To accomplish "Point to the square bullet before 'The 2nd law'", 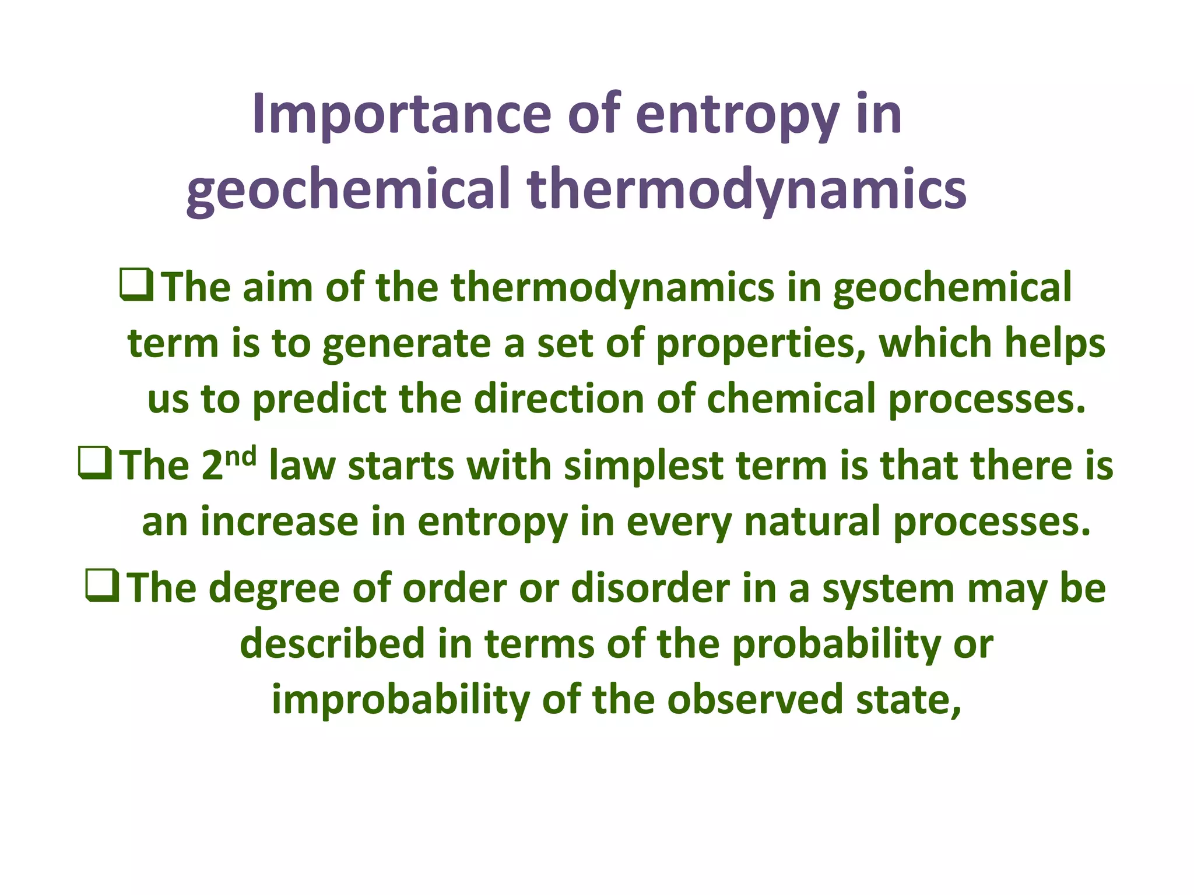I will tap(94, 464).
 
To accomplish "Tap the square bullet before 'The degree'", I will tap(103, 586).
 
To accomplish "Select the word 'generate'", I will tap(406, 344).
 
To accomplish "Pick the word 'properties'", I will tap(760, 344).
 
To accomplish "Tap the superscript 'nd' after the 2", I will tap(241, 456).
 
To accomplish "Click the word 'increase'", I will tap(279, 522).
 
